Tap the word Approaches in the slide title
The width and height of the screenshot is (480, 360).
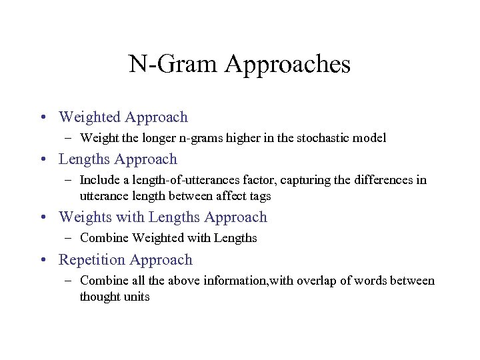[x=288, y=65]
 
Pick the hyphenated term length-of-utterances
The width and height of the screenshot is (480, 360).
[x=179, y=180]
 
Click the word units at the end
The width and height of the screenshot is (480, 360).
[x=137, y=297]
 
